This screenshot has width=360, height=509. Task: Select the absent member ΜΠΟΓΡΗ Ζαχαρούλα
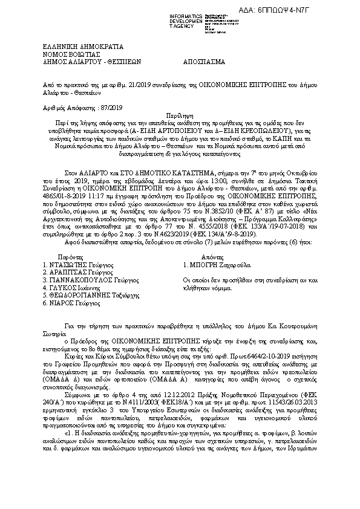tap(216, 264)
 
